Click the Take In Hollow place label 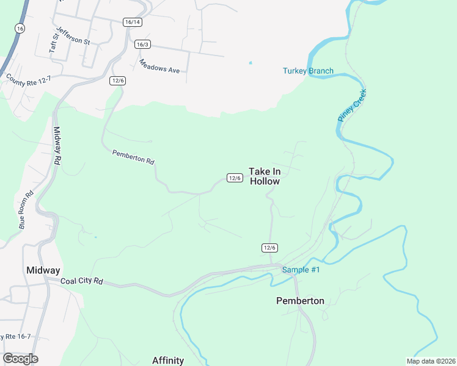[x=264, y=176]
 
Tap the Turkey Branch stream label [x=308, y=71]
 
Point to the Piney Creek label [x=352, y=105]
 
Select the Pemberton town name [x=300, y=300]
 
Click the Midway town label [x=43, y=270]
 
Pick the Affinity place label [x=168, y=360]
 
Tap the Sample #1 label [x=300, y=270]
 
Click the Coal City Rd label [x=82, y=282]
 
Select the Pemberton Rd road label [x=133, y=157]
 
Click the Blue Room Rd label [x=26, y=210]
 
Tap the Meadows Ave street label [x=159, y=66]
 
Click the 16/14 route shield [x=132, y=22]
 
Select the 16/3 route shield [x=142, y=44]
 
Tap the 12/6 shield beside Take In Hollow [x=235, y=178]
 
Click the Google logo [x=20, y=359]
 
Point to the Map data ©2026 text [x=430, y=361]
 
